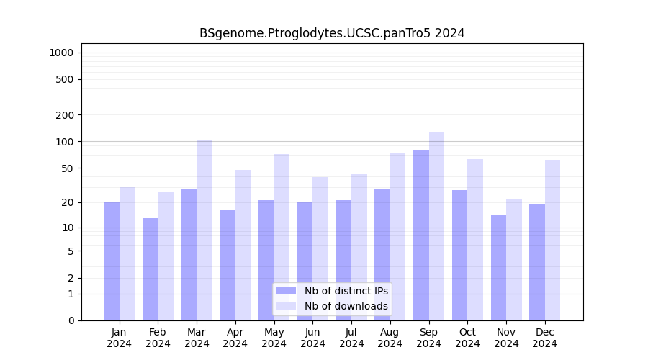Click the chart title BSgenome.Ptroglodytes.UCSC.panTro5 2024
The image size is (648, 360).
point(332,33)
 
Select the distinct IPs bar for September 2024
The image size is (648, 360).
point(421,235)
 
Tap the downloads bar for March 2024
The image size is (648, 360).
point(204,230)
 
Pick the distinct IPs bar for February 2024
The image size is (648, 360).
point(150,269)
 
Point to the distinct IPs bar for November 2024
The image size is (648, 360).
point(498,267)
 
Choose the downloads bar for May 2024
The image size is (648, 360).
point(282,237)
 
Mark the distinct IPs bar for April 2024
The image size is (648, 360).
point(228,265)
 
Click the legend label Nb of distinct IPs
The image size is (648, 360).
point(346,291)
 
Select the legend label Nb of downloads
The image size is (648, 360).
point(346,306)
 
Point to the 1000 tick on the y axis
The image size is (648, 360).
point(61,53)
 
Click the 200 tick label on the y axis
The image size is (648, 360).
point(66,115)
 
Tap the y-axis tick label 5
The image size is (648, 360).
point(71,251)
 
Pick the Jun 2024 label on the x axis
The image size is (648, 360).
point(312,338)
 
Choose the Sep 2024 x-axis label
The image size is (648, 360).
point(428,338)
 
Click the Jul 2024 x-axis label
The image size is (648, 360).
point(351,338)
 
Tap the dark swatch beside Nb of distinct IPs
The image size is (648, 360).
point(286,291)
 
